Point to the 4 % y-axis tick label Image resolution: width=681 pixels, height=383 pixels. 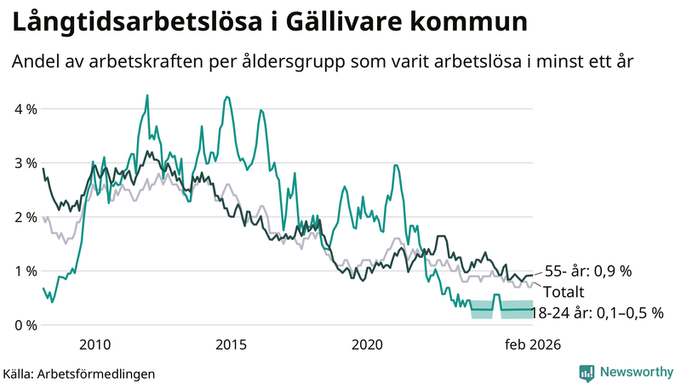click(x=24, y=109)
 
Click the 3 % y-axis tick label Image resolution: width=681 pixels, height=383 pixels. click(x=24, y=163)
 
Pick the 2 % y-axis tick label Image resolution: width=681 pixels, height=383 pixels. click(x=24, y=217)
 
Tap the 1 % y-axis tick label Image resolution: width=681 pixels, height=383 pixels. click(x=24, y=271)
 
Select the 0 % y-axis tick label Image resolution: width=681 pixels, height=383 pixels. click(x=24, y=325)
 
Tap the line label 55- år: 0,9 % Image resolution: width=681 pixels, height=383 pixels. click(x=588, y=272)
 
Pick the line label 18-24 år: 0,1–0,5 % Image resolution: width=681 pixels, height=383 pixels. click(x=597, y=313)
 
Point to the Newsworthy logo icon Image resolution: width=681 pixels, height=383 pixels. click(x=587, y=372)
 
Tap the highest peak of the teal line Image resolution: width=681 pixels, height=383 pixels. click(x=147, y=95)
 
